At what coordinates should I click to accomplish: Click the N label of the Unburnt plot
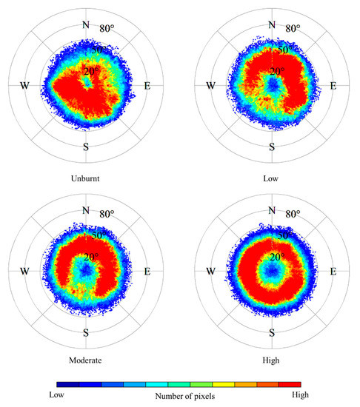point(86,24)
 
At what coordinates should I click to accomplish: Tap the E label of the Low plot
point(332,86)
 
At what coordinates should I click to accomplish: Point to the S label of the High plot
point(272,332)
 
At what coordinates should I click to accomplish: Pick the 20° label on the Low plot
point(277,71)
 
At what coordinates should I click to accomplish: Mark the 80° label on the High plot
point(293,215)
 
